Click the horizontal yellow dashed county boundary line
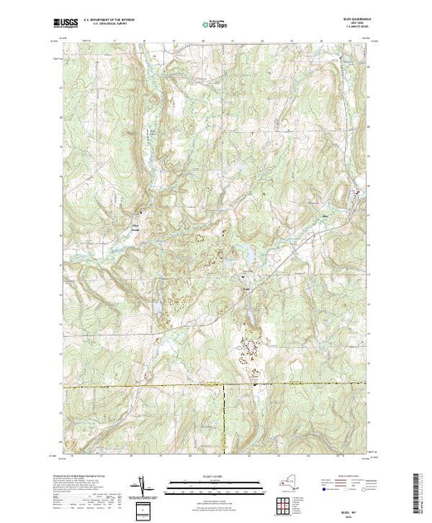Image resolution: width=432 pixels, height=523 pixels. [166, 385]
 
